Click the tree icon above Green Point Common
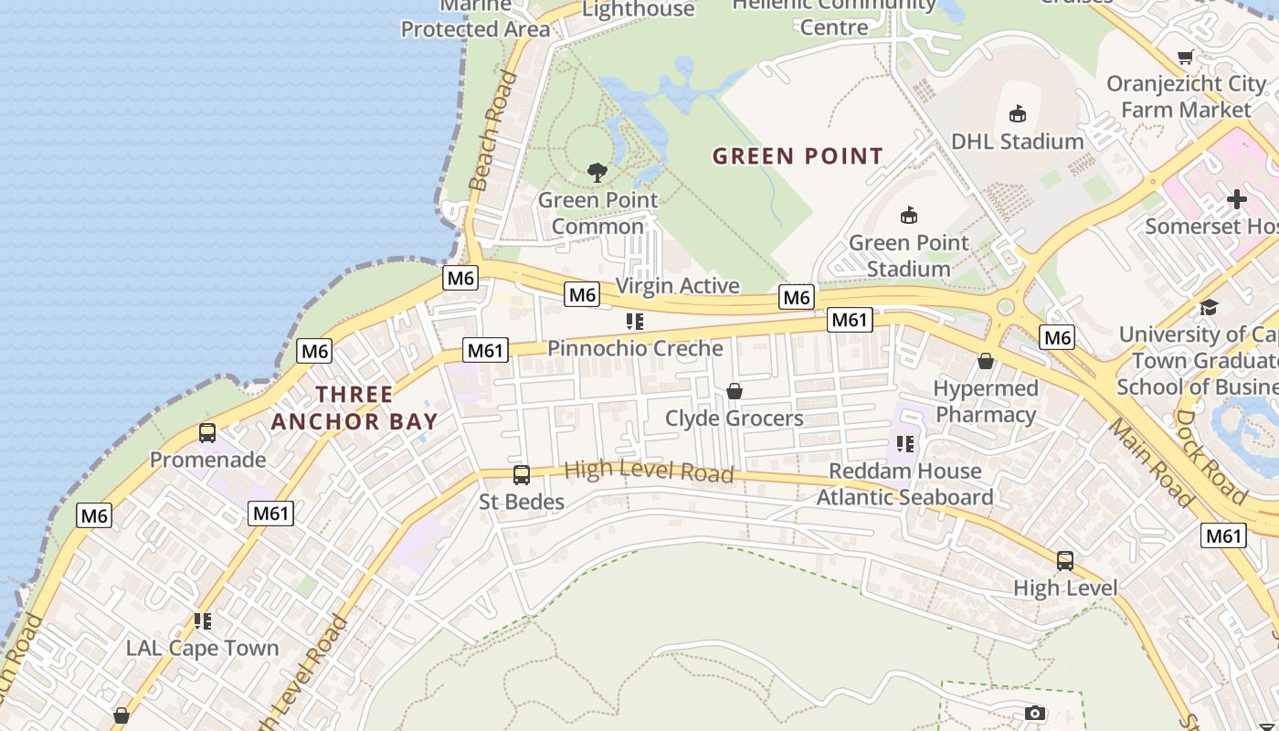597,172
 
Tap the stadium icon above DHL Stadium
1017,113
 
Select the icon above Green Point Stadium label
908,216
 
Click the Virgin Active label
677,286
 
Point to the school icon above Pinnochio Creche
634,322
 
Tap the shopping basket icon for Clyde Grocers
734,391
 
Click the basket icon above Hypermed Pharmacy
986,361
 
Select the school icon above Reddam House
904,444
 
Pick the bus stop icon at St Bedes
521,475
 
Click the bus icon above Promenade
207,433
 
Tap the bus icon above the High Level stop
1064,561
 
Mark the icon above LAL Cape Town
202,621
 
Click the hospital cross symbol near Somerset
1236,199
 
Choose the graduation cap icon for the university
1209,307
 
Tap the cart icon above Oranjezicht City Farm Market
1186,58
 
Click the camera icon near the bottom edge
1034,713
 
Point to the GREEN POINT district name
798,156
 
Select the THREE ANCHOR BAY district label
354,408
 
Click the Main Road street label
1150,461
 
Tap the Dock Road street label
1210,456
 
